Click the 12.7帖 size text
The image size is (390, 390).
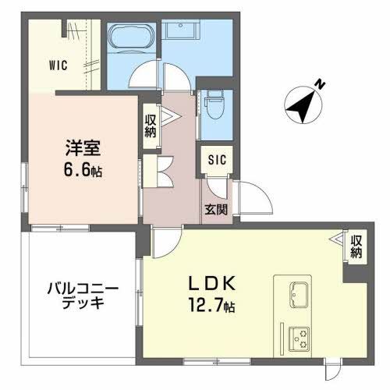206,307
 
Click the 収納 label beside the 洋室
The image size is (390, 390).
150,126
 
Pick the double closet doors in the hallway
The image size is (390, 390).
163,170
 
